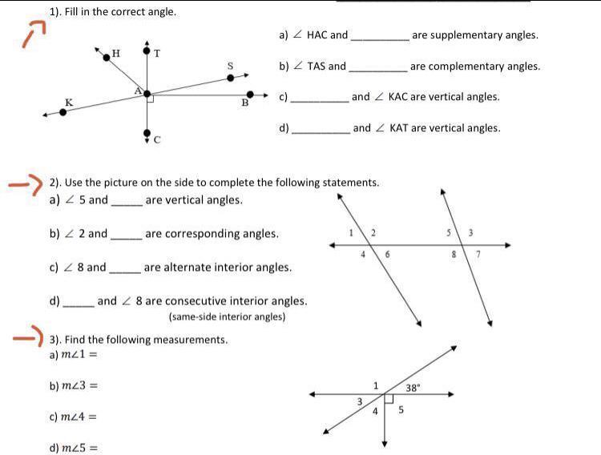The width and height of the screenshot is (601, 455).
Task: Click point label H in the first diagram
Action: (116, 54)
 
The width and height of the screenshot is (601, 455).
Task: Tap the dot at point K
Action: (63, 112)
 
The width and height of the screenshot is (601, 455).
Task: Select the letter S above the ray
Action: (231, 66)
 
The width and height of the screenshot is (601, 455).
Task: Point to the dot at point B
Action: (250, 95)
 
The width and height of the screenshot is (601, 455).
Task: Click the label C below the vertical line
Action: (157, 140)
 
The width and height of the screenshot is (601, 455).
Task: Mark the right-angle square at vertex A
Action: (150, 99)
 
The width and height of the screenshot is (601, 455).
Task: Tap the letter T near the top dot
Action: (157, 54)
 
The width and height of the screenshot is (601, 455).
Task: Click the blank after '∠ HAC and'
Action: (380, 36)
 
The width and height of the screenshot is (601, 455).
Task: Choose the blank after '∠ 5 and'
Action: (126, 201)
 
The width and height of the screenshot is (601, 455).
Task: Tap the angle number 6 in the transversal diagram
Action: (388, 254)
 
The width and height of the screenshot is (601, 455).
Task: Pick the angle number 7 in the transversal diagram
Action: (478, 254)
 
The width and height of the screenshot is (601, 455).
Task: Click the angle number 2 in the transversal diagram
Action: (373, 233)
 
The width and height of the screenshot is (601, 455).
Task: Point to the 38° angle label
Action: (413, 388)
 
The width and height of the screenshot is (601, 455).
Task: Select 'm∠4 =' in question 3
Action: (73, 417)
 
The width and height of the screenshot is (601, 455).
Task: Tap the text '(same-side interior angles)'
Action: (227, 317)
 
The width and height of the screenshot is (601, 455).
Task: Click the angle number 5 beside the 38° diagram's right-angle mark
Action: (401, 409)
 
